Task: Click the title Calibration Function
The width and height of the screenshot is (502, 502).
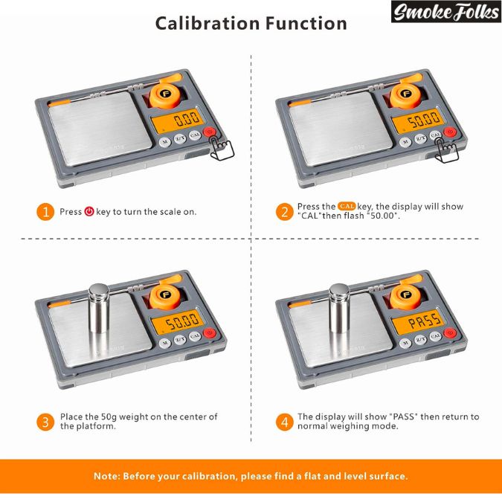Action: [x=251, y=23]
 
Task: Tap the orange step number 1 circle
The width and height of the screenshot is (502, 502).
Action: [x=45, y=212]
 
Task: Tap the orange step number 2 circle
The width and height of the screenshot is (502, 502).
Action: [x=284, y=211]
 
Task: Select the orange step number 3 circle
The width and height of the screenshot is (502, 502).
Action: [x=45, y=422]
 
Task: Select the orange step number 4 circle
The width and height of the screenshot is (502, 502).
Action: [x=284, y=422]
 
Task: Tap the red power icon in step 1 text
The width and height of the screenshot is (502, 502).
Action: [x=89, y=212]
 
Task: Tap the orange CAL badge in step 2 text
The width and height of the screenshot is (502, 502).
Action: [x=347, y=206]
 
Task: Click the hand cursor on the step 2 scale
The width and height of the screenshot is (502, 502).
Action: [x=447, y=150]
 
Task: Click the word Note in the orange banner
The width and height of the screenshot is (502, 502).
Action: [x=106, y=476]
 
